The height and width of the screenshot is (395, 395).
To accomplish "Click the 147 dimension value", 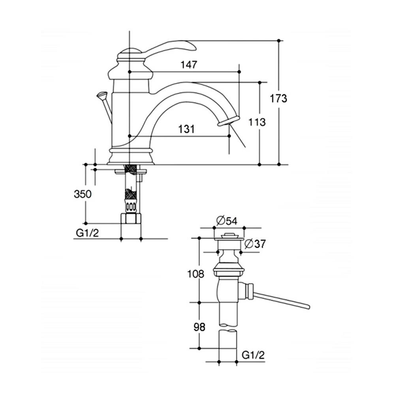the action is click(189, 65).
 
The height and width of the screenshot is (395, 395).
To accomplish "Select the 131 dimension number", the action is click(187, 129).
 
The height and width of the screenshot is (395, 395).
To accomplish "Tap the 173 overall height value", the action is click(278, 98).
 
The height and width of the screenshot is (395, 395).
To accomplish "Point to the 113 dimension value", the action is click(257, 122).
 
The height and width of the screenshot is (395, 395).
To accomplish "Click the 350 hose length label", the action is click(83, 194).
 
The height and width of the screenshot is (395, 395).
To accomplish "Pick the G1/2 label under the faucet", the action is click(87, 233).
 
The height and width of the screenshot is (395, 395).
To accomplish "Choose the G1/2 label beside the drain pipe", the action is click(253, 355).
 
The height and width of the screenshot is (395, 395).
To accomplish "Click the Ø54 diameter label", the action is click(227, 221).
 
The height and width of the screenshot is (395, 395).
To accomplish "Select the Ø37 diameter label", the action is click(255, 244).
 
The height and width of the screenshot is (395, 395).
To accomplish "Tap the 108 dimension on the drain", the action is click(196, 274).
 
